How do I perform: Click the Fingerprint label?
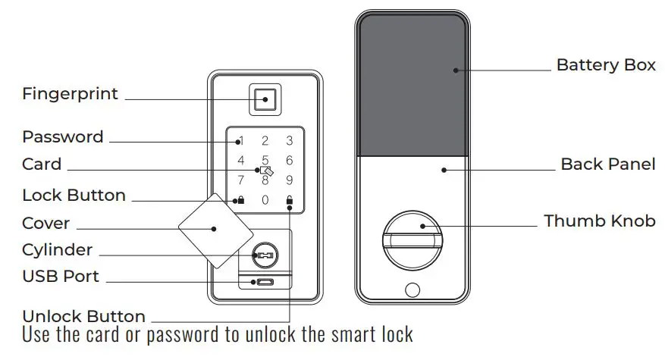[x=70, y=94]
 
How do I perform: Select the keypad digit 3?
[x=289, y=140]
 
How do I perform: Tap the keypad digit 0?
[x=265, y=200]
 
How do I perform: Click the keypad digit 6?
[x=289, y=160]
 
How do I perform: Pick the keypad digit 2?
[x=265, y=140]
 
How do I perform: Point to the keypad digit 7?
[x=240, y=180]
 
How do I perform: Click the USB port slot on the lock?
[x=265, y=282]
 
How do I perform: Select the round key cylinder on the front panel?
[x=265, y=255]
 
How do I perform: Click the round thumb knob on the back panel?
[x=412, y=236]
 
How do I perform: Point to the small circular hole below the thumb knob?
[x=412, y=290]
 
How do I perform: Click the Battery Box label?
[x=606, y=65]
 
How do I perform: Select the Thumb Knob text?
[x=599, y=221]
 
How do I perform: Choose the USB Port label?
[x=61, y=277]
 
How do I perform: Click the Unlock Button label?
[x=83, y=316]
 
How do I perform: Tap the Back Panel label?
[x=608, y=164]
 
